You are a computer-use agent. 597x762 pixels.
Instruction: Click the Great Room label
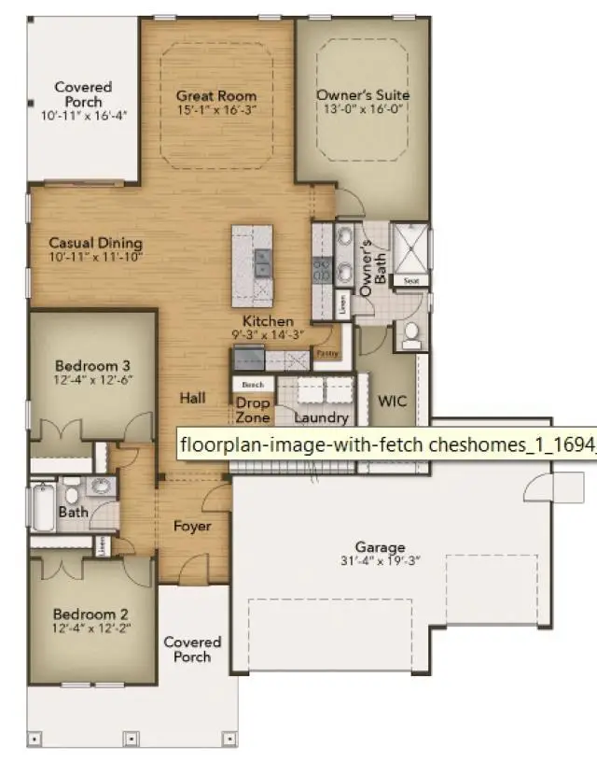[216, 96]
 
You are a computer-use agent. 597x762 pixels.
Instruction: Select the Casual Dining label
[95, 242]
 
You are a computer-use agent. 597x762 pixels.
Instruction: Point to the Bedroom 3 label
[91, 365]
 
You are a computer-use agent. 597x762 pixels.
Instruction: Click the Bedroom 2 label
[90, 614]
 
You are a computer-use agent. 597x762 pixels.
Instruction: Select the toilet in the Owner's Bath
[410, 335]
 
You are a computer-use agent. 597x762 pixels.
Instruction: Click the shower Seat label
[410, 280]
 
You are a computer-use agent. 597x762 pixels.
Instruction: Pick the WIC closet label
[392, 401]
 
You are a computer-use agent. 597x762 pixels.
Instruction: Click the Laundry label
[321, 418]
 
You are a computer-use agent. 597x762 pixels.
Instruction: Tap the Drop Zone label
[252, 410]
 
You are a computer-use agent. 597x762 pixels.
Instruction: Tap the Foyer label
[192, 526]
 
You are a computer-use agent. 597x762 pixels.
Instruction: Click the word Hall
[192, 398]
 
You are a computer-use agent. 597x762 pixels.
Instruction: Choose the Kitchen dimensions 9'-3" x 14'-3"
[268, 334]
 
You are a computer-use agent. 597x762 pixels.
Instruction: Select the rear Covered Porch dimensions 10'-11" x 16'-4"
[83, 115]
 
